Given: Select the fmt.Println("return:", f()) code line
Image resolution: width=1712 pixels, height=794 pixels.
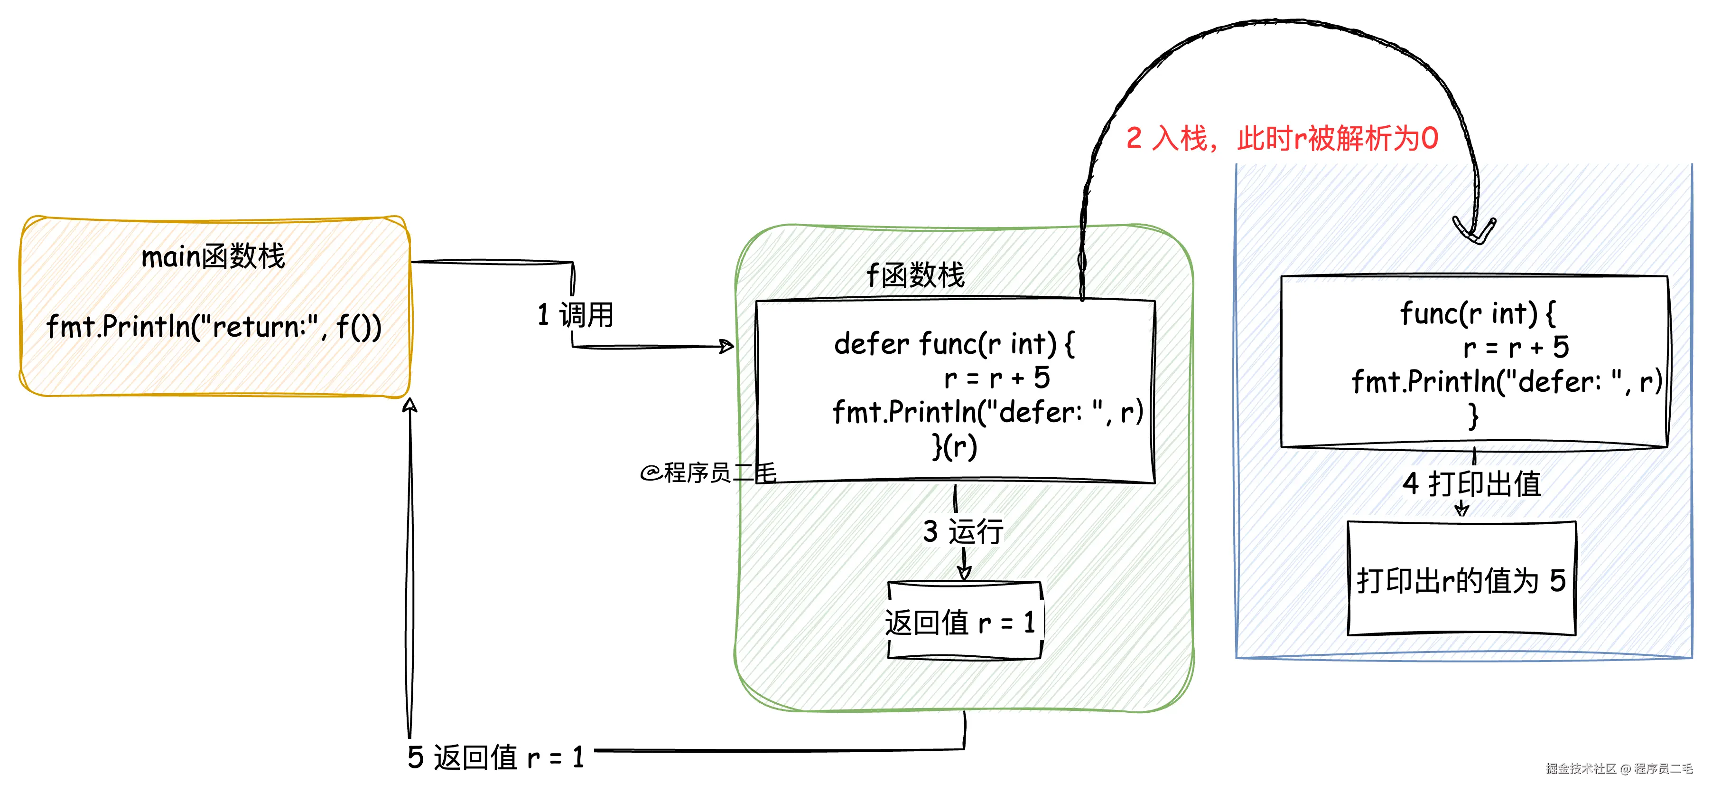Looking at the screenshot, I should click(x=214, y=327).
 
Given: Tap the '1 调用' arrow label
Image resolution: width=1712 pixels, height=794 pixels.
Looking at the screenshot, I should click(x=576, y=314).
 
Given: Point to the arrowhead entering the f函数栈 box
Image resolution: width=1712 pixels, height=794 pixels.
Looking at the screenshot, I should click(x=728, y=346).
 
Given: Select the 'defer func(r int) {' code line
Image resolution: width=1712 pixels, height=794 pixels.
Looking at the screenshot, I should click(x=954, y=344).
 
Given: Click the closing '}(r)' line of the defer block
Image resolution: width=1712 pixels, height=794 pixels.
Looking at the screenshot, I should click(x=954, y=446).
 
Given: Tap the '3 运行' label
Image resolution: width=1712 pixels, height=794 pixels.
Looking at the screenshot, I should click(x=963, y=531).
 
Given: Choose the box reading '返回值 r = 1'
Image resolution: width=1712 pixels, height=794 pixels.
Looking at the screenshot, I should click(x=964, y=622).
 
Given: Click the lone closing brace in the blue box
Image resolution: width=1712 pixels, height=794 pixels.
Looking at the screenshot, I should click(x=1473, y=416).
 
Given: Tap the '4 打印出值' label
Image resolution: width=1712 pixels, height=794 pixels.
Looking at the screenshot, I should click(x=1471, y=483).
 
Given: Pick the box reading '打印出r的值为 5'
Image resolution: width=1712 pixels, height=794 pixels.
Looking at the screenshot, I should click(x=1461, y=580).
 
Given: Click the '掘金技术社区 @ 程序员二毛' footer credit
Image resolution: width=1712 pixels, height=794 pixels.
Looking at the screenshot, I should click(x=1619, y=769).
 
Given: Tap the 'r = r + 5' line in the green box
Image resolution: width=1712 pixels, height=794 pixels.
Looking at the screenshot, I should click(x=997, y=378).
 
